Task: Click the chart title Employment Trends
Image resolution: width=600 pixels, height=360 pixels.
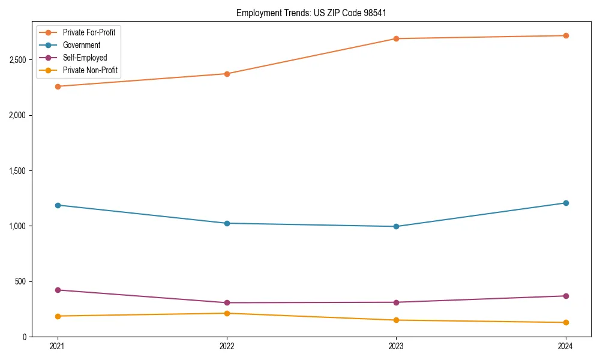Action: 311,13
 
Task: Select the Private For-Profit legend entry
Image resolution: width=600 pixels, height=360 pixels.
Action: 89,32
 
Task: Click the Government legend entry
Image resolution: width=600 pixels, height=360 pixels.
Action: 81,45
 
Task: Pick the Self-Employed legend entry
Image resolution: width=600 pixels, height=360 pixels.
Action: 85,58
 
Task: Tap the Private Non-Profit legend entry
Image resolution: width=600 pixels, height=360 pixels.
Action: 90,71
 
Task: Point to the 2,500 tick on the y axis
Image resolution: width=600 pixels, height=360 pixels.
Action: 17,60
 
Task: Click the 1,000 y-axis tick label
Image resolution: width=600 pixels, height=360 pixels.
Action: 17,226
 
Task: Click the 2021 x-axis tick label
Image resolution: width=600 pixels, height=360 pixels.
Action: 58,346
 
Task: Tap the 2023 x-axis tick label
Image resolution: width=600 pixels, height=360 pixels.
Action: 396,346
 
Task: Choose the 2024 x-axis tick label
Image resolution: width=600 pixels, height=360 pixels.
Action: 565,346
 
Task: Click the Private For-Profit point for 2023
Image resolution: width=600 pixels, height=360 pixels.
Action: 396,38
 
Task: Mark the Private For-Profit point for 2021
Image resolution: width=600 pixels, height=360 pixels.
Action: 58,86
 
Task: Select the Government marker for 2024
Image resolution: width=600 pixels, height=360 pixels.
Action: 565,203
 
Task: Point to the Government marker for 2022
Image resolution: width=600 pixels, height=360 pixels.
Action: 227,223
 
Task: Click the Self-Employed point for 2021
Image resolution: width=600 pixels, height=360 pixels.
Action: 58,290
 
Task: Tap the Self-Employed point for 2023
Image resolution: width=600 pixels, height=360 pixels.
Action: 396,302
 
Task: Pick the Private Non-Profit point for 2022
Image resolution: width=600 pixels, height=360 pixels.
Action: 227,313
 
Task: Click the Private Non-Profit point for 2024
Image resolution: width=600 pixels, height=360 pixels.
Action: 565,323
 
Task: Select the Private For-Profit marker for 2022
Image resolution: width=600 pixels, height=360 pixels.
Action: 227,74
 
